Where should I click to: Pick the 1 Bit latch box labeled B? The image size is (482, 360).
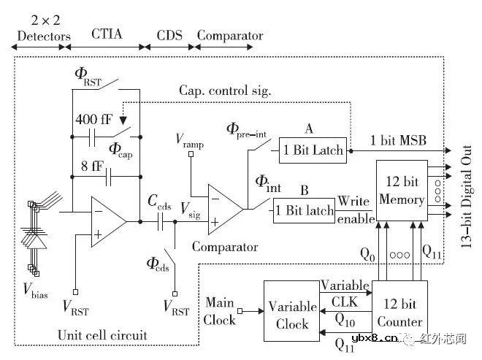[x=304, y=211]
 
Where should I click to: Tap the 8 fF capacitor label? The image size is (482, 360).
[x=91, y=165]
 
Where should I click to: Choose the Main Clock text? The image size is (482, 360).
[x=220, y=310]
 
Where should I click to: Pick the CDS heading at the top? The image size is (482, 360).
[x=169, y=35]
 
